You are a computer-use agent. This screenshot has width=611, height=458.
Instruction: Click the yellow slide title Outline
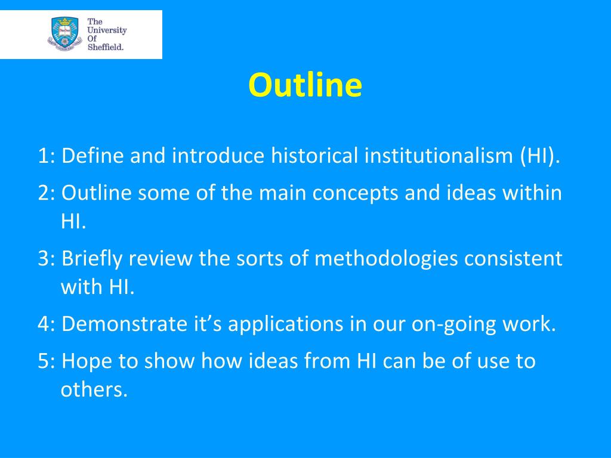tap(305, 85)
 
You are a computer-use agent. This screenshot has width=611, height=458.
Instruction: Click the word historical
tap(314, 156)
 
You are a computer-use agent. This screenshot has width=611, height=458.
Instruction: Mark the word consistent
tap(513, 259)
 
